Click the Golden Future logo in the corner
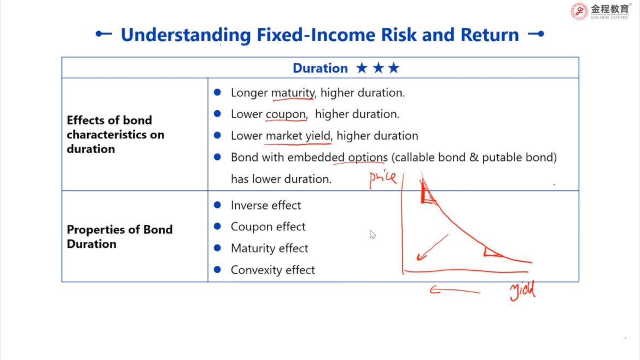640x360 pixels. coord(601,11)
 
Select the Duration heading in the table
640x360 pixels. coord(320,68)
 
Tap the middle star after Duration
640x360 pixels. coord(378,68)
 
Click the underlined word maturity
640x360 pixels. coord(293,93)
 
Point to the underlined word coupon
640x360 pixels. coord(286,114)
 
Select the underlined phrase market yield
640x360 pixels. coord(298,136)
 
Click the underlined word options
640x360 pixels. coord(368,158)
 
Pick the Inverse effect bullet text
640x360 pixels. coord(266,205)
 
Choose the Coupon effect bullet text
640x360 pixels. coord(267,227)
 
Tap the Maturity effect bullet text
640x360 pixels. coord(269,248)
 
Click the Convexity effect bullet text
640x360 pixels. coord(272,270)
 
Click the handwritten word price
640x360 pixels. coord(382,178)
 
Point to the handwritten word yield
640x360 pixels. coord(522,291)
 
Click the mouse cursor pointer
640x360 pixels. coord(373,234)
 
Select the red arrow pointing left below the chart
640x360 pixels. coord(455,290)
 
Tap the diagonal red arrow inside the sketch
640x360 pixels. coord(432,247)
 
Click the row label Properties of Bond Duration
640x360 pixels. coord(120,237)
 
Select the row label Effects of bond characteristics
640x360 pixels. coord(115,135)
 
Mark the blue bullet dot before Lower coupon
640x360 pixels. coord(217,114)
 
